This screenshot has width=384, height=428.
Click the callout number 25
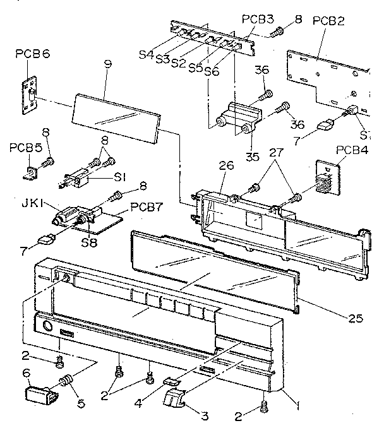(x=356, y=319)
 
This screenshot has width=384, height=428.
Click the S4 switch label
(x=146, y=56)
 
